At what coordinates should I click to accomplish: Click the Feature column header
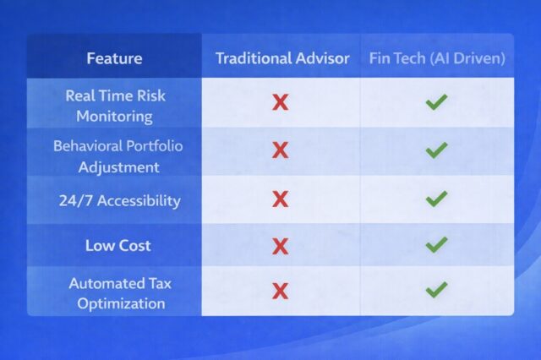click(x=114, y=58)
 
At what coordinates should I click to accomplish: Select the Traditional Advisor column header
click(x=282, y=58)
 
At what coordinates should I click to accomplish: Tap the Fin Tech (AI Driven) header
click(x=437, y=58)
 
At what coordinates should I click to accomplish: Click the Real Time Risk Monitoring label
click(x=114, y=105)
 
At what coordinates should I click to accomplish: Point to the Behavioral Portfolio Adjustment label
click(x=117, y=155)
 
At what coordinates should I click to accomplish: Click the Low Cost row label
click(x=117, y=246)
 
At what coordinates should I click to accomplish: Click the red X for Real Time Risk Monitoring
click(x=280, y=103)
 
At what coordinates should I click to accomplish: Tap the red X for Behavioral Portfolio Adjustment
click(x=280, y=150)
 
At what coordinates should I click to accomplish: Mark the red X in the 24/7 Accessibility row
click(x=280, y=199)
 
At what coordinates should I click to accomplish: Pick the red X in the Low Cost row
click(x=280, y=246)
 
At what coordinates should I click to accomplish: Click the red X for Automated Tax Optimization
click(x=280, y=291)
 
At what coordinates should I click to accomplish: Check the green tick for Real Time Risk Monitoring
click(x=436, y=102)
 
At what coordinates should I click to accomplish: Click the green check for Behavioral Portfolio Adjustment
click(x=436, y=150)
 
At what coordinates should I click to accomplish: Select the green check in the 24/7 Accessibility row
click(x=436, y=199)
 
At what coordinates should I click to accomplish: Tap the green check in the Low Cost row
click(x=436, y=245)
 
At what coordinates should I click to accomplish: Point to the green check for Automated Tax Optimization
click(x=436, y=290)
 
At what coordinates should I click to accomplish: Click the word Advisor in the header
click(x=320, y=58)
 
